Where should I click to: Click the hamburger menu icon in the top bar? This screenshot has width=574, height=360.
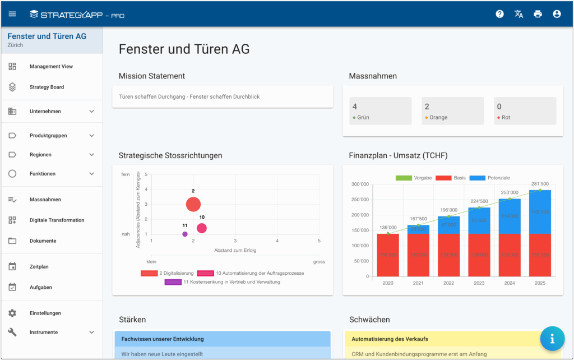(12, 14)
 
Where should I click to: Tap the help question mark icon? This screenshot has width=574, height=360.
(499, 14)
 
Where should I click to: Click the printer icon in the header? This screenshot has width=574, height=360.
(538, 14)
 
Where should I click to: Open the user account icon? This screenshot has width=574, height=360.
(557, 14)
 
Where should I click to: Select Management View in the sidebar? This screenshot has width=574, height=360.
(51, 66)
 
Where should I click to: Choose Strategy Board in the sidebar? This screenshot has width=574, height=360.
(47, 87)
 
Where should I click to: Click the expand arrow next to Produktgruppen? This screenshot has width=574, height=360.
(92, 136)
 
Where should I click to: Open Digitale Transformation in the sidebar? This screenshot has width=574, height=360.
(57, 220)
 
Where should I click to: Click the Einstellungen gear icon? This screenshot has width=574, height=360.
(12, 313)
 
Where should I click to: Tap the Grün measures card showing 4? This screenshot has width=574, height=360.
(380, 111)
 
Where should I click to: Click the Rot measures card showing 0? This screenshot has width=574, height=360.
(525, 111)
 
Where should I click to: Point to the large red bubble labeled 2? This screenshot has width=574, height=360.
(193, 205)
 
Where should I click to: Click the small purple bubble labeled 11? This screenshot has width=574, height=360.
(185, 234)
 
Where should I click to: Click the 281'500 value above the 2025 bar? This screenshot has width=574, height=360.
(540, 183)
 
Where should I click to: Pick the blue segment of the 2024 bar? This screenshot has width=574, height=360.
(510, 216)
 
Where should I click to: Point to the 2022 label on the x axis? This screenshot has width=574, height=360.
(449, 284)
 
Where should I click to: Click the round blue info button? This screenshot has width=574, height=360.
(552, 338)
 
